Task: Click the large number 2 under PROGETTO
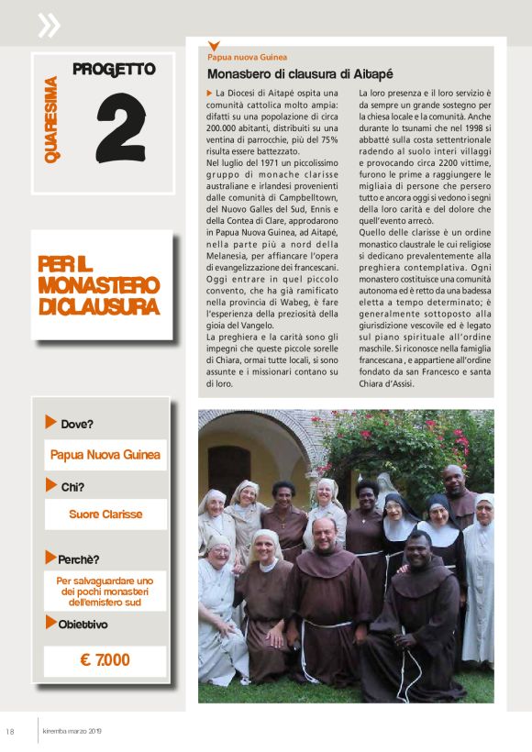point(120,127)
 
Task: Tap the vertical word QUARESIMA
point(52,120)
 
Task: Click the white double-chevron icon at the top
point(49,25)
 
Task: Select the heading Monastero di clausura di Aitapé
point(300,73)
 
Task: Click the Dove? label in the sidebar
point(77,424)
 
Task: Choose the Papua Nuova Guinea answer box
point(105,454)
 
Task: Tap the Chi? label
point(72,487)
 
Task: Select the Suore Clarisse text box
point(105,514)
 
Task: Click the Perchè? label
point(79,558)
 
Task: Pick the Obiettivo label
point(83,625)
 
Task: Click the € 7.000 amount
point(105,659)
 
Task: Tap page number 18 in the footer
point(10,731)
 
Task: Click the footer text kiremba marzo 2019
point(74,731)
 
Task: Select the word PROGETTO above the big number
point(114,69)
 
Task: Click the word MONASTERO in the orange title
point(99,285)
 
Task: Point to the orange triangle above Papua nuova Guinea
point(214,46)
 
